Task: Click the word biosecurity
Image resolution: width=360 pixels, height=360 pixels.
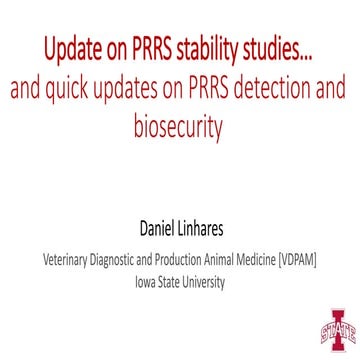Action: point(179,129)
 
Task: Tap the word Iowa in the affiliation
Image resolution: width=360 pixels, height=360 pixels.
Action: point(146,281)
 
